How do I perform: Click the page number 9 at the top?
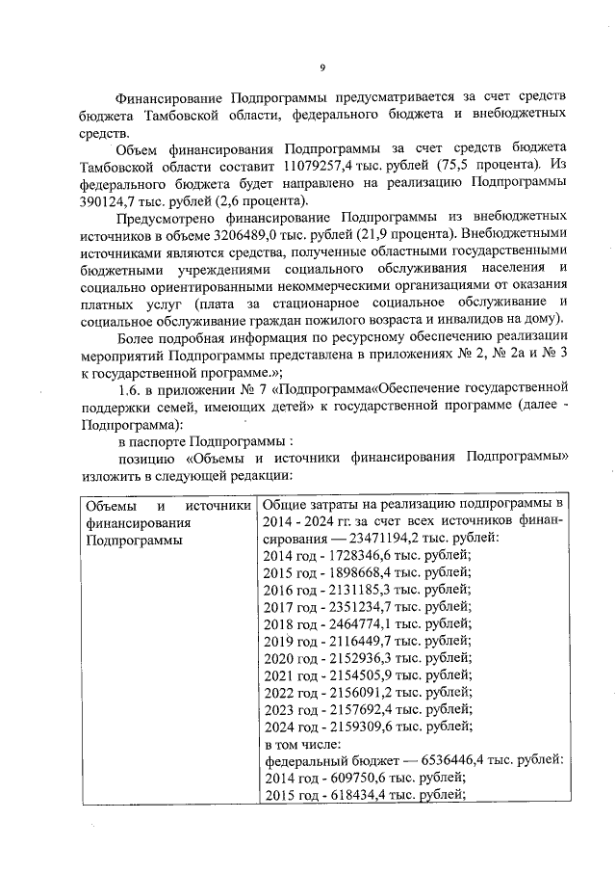pos(322,66)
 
